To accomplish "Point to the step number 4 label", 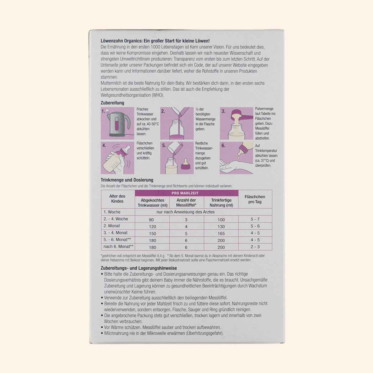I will tap(104, 145).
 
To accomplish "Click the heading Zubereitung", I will tap(113, 103).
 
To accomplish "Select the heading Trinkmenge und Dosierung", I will tap(127, 180).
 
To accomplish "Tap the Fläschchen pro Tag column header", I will tap(255, 199).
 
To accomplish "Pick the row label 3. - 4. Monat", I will tap(116, 233).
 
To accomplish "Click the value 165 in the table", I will tap(221, 233).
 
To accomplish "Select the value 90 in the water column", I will tap(151, 219).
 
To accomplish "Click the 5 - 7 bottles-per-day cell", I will tap(255, 219).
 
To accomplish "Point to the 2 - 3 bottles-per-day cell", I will tap(255, 247).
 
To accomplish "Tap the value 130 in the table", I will tap(221, 226).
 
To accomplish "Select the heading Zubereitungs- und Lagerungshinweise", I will tap(139, 268).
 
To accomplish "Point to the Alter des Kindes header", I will tap(117, 199).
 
